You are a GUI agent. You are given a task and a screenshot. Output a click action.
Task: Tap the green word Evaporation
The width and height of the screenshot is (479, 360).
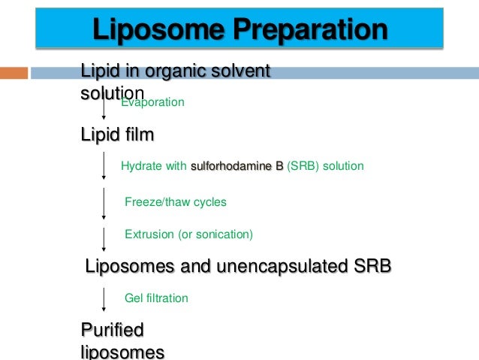152,101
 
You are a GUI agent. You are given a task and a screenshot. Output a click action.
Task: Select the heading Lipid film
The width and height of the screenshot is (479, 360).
117,135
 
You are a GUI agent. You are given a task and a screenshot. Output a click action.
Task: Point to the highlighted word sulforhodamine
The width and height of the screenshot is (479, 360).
237,166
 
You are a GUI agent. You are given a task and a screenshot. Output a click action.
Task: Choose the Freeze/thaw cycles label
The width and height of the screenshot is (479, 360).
175,201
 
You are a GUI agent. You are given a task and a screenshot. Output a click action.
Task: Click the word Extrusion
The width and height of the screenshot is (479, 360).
149,234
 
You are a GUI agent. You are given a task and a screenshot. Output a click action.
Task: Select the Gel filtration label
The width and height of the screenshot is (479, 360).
156,298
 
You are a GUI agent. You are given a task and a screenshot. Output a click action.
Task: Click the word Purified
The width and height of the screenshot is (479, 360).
113,330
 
